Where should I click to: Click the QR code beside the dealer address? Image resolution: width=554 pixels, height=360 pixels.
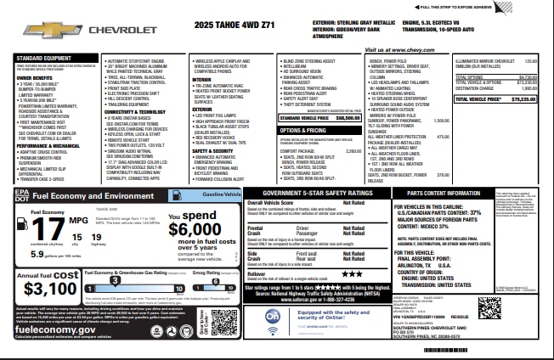click(x=487, y=308)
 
